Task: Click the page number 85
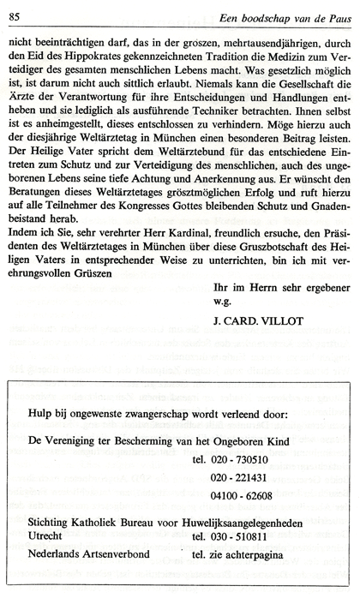[15, 9]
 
